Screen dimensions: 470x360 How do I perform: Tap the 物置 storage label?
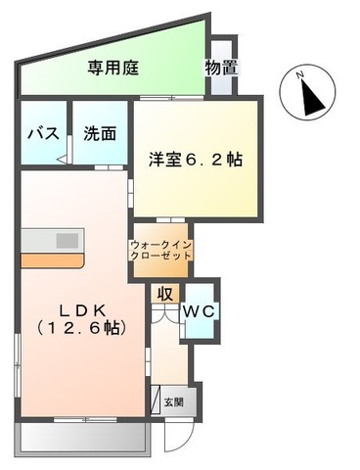coord(222,68)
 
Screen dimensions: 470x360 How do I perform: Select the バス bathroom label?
coord(40,134)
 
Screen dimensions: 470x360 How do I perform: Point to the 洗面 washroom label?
coord(100,134)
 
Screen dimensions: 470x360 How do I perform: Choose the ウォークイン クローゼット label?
coord(161,249)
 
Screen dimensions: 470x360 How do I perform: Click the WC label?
coord(202,310)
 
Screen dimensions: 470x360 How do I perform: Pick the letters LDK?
coord(69,305)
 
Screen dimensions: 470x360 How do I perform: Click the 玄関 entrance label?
coord(173,401)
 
